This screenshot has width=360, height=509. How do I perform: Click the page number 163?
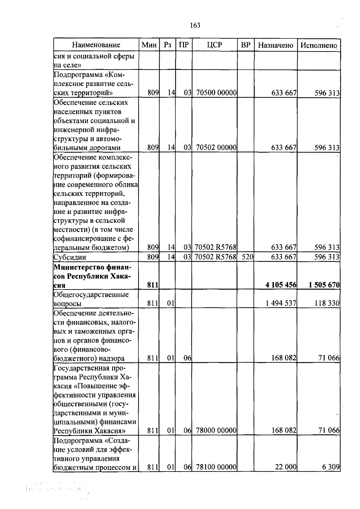195,25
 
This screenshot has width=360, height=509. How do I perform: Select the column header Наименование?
96,45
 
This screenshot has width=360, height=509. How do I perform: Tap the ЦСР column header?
214,45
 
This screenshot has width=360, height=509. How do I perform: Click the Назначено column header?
276,45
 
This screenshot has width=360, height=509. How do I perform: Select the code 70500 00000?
216,93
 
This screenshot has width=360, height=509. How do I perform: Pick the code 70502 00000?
216,147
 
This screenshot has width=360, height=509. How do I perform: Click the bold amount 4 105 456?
281,285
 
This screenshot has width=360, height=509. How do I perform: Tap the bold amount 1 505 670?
324,285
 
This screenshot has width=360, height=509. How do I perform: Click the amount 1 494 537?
281,303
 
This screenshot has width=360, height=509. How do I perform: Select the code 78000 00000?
216,431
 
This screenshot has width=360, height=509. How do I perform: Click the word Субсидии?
70,257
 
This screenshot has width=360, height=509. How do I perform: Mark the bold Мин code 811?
153,285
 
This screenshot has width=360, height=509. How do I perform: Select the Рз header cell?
167,45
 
